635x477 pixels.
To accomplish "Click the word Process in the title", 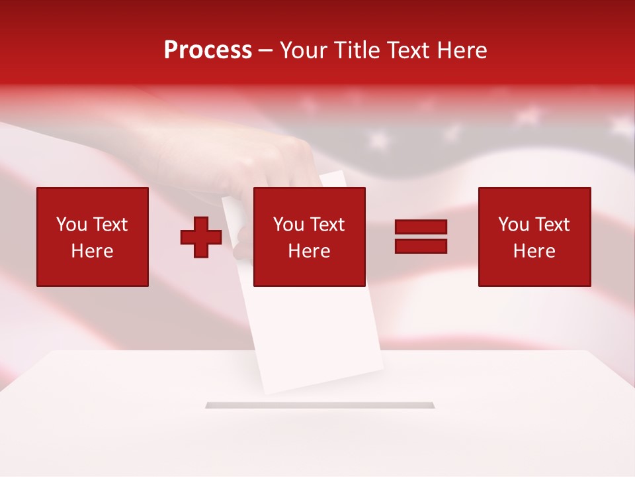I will [x=208, y=50].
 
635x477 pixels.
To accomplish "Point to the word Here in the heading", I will [x=462, y=50].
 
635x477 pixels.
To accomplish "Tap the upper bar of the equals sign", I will [x=421, y=227].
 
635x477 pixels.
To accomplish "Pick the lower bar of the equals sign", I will [x=421, y=246].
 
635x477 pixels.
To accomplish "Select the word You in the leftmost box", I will [x=71, y=225].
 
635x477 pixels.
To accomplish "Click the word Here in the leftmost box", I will [x=92, y=251].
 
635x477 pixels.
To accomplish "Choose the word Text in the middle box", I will [x=327, y=225].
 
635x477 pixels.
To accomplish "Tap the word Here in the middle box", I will [x=309, y=251].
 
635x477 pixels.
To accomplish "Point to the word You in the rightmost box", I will [x=513, y=225].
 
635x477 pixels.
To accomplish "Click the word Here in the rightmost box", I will [x=534, y=251].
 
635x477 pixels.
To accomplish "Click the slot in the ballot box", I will [x=320, y=405].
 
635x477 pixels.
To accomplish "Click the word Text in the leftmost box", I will [x=110, y=225].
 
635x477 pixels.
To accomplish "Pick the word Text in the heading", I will [x=405, y=50].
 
